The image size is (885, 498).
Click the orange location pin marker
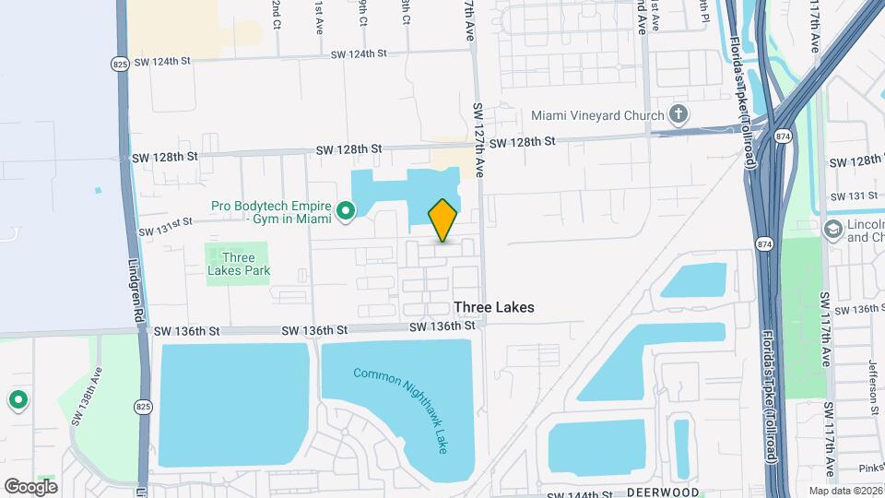[442, 219]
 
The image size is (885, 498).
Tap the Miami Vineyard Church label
[597, 115]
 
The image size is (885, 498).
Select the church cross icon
[678, 115]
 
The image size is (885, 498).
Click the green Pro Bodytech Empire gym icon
[346, 212]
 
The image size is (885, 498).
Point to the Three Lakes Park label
[238, 264]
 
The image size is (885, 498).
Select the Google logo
[30, 486]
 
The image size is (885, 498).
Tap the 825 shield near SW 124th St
[122, 64]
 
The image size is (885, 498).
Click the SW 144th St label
[579, 494]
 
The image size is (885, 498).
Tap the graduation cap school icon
[833, 229]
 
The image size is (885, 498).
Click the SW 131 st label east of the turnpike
[854, 196]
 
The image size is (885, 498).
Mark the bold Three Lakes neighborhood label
[493, 307]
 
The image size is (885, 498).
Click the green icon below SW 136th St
[18, 400]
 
